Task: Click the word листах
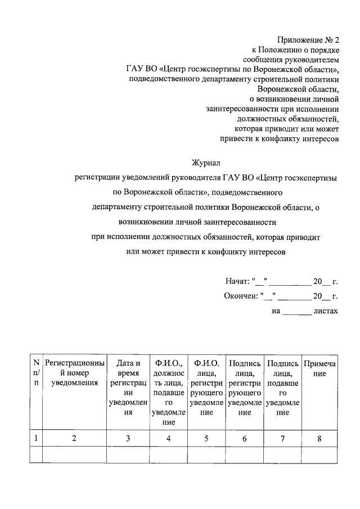[326, 309]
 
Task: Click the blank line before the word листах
[296, 309]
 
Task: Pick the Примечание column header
[319, 368]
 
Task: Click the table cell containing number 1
[36, 439]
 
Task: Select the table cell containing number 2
[74, 439]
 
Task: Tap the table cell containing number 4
[168, 439]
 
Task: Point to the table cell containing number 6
[245, 439]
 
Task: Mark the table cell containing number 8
[319, 439]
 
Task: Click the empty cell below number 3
[128, 454]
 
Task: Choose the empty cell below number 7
[283, 454]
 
